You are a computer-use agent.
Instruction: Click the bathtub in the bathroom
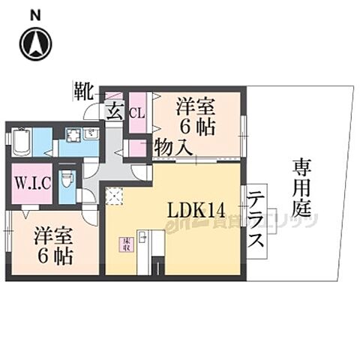(20, 141)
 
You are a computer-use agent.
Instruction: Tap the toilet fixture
(67, 181)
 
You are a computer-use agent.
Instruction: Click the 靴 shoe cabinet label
(82, 91)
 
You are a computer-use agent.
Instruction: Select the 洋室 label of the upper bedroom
(195, 107)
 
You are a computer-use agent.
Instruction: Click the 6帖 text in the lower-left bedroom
(54, 256)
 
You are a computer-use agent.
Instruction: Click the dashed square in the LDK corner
(114, 196)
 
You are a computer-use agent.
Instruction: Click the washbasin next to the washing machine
(91, 136)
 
